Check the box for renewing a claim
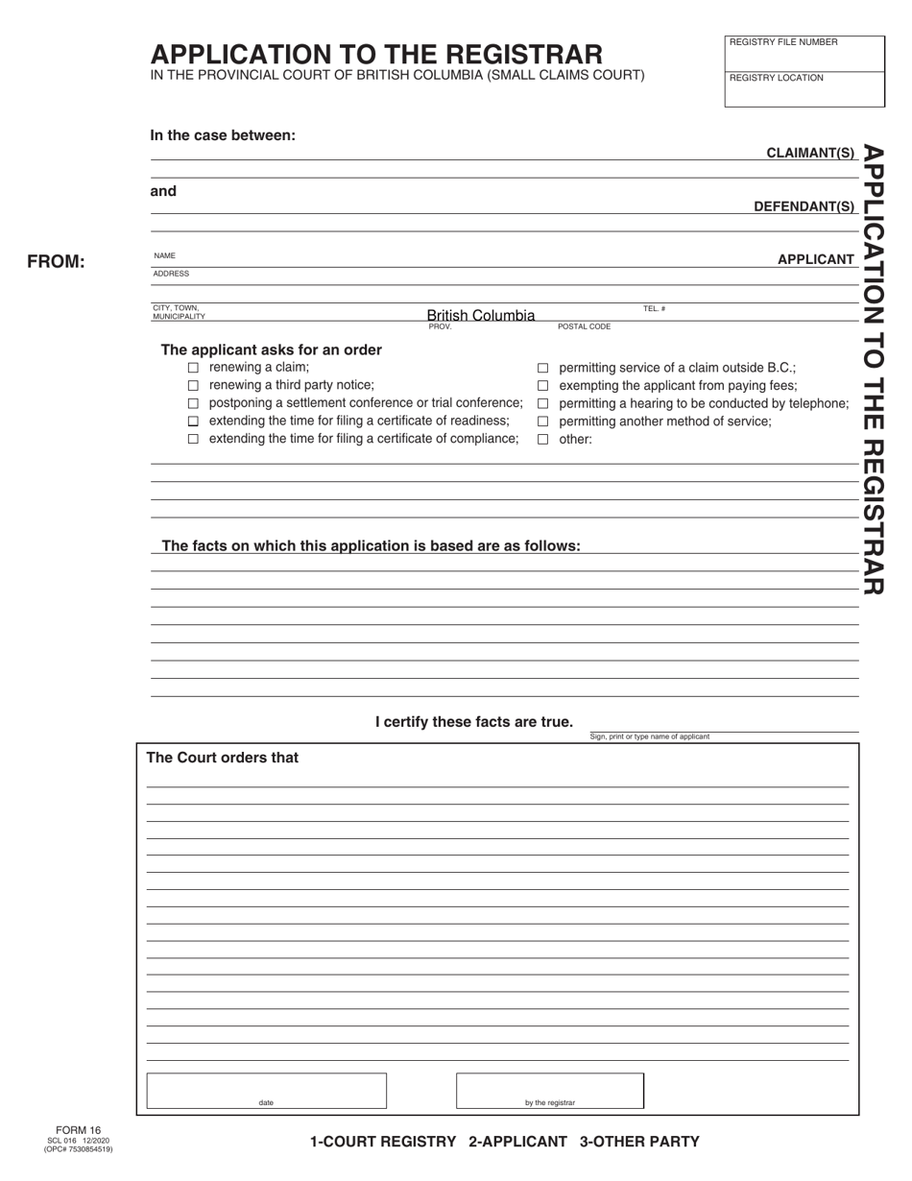tap(193, 368)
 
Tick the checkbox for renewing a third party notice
tap(193, 385)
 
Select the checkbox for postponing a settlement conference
tap(193, 403)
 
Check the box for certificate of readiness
tap(193, 422)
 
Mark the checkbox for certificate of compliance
tap(193, 439)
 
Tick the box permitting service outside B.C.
tap(542, 368)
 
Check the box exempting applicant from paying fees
tap(542, 386)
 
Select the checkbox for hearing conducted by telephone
tap(542, 403)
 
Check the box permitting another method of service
tap(542, 422)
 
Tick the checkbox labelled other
tap(542, 440)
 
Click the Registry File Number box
tap(804, 55)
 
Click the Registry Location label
tap(777, 78)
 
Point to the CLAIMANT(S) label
tap(810, 153)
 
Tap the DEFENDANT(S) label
tap(804, 206)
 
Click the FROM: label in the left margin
tap(56, 262)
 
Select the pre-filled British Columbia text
tap(481, 315)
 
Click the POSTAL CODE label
tap(584, 327)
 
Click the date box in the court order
tap(266, 1091)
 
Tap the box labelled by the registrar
tap(549, 1091)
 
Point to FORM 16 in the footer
tap(78, 1130)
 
